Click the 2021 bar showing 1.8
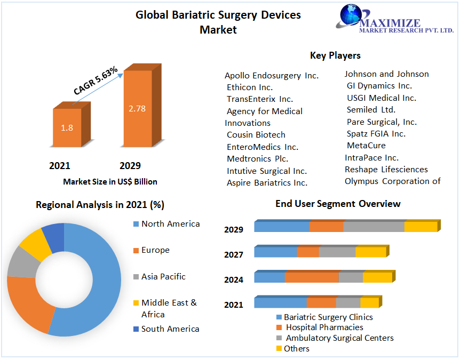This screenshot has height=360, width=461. (x=67, y=128)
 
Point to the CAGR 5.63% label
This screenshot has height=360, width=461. (x=96, y=82)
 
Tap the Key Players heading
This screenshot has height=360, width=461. (x=335, y=55)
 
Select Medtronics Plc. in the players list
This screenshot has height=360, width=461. (x=258, y=159)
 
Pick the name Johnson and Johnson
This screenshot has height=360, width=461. (x=386, y=74)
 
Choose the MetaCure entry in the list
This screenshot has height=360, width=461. (x=366, y=146)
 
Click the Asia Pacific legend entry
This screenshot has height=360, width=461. (x=163, y=277)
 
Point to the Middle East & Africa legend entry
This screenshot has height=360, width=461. (x=169, y=308)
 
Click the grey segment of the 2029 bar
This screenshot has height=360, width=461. (x=373, y=227)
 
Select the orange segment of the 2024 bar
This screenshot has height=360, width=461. (x=312, y=277)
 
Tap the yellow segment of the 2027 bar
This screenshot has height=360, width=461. (x=370, y=252)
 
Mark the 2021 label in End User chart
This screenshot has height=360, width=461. (x=234, y=305)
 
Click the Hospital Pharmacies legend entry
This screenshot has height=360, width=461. (x=324, y=327)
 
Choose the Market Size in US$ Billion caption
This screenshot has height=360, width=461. (x=110, y=182)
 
